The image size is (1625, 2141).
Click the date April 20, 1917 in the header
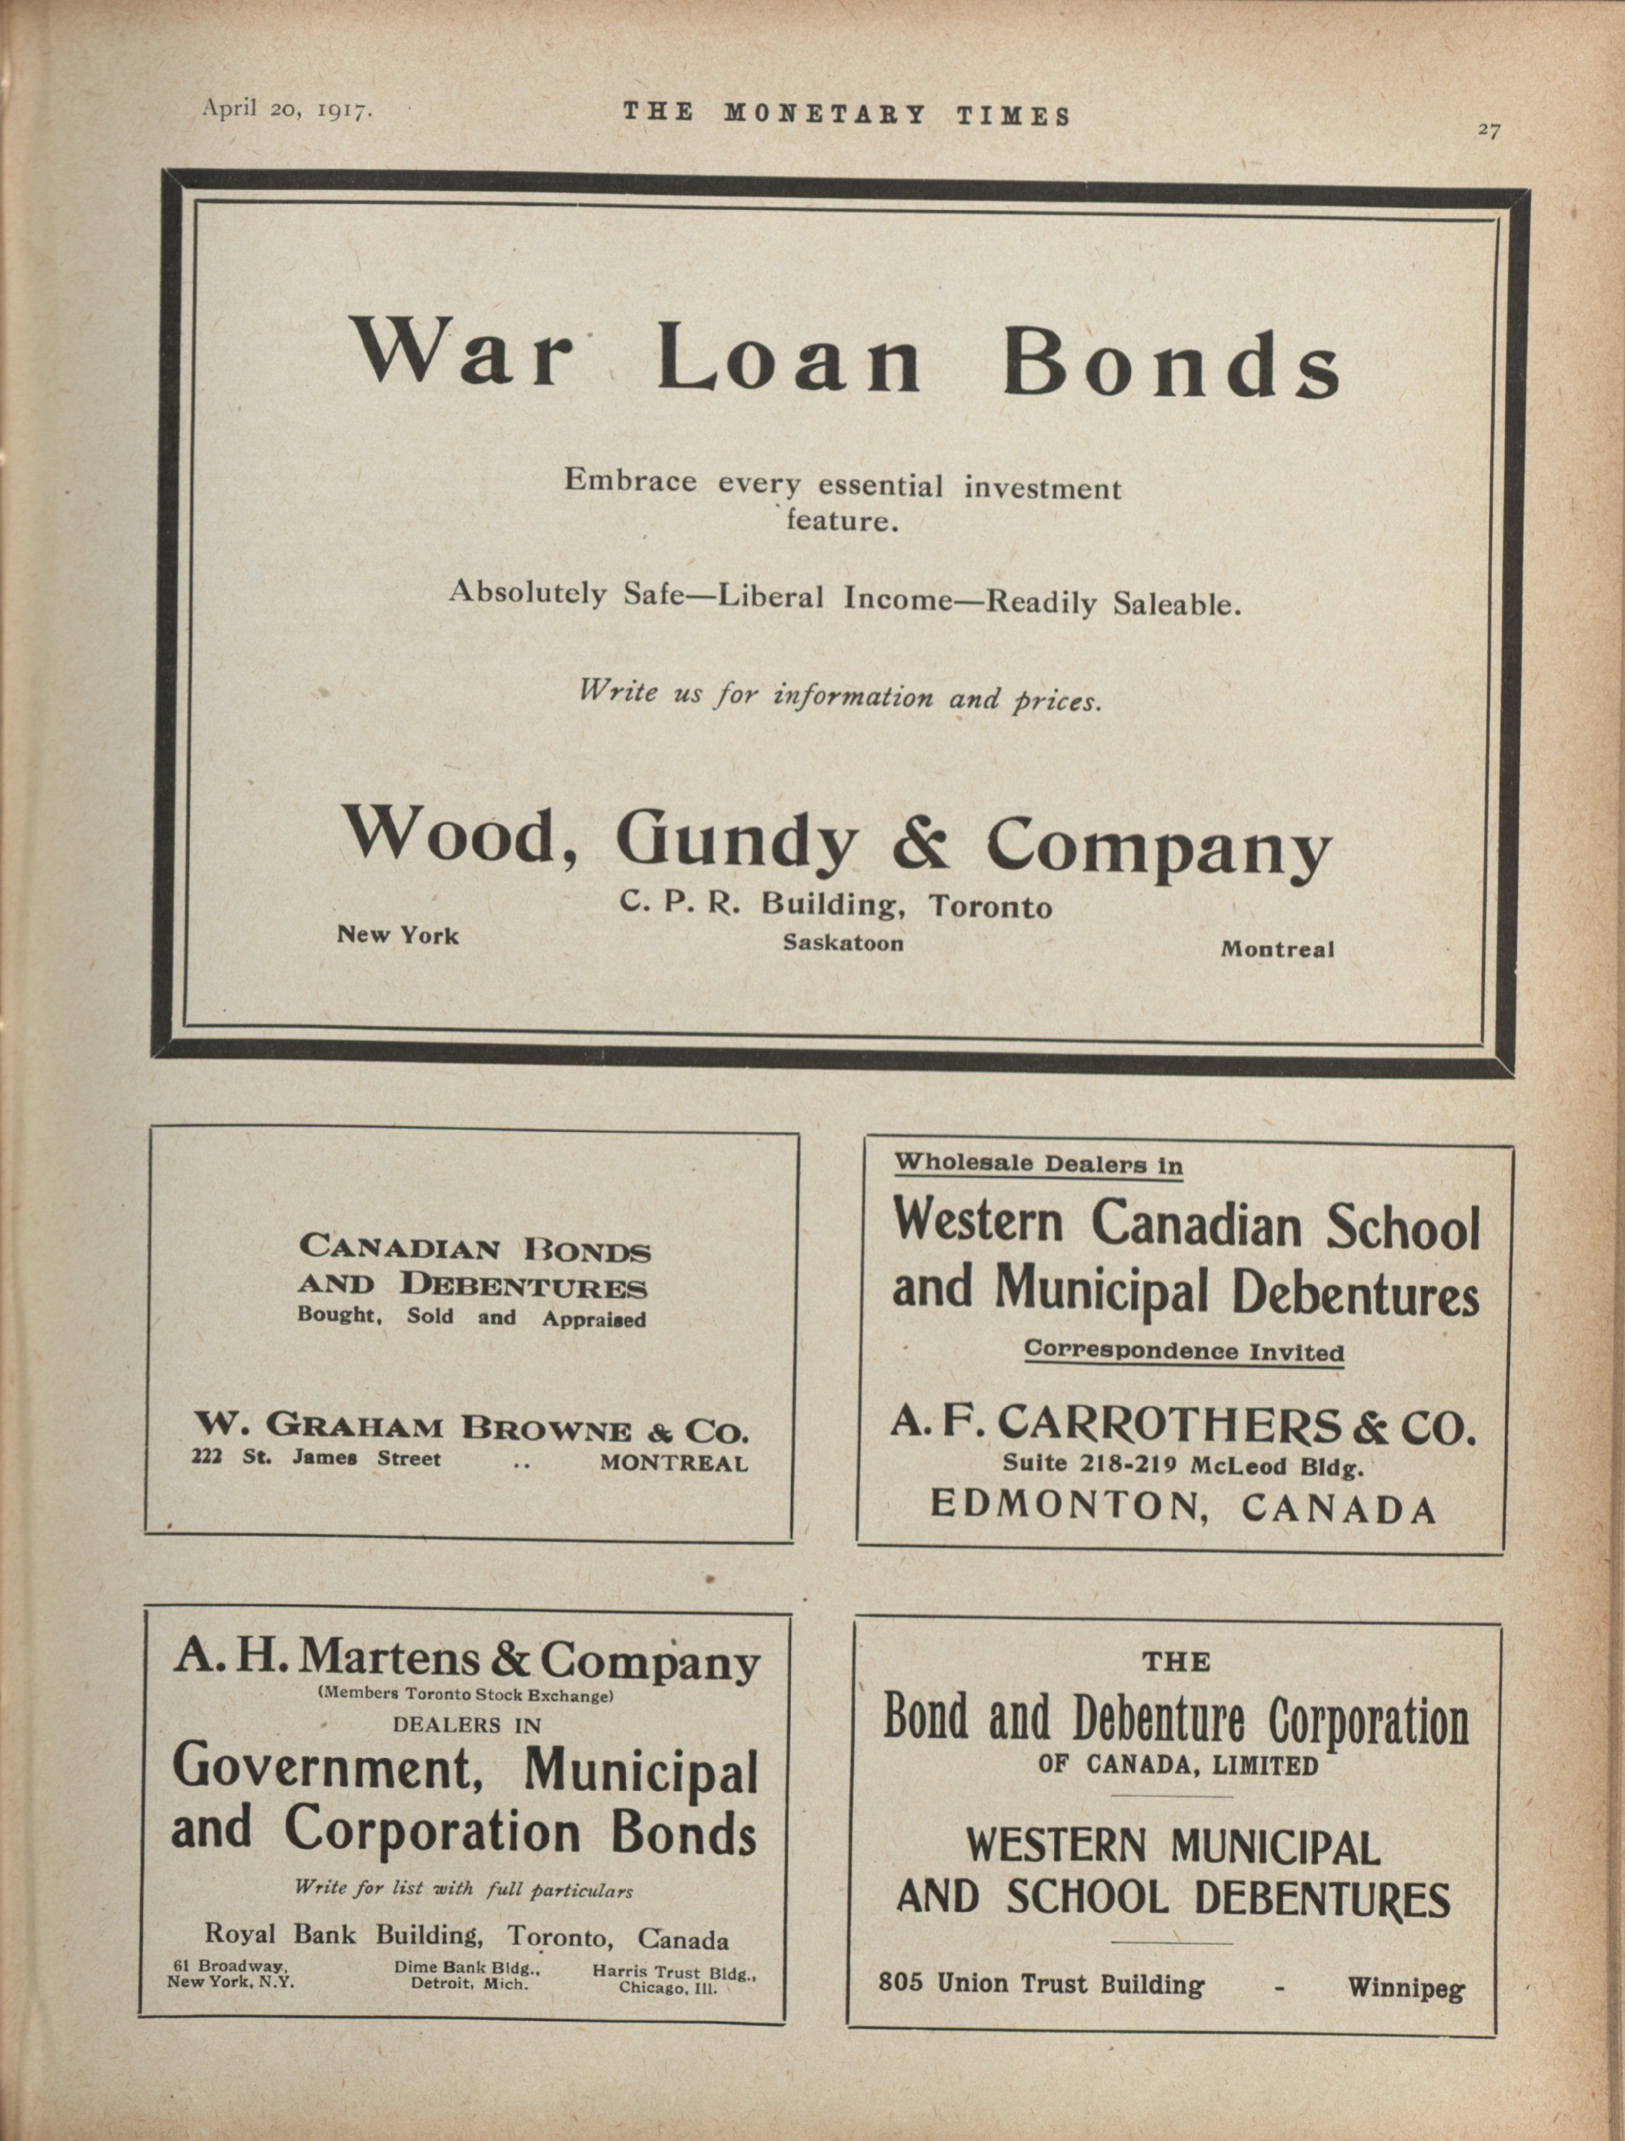tap(286, 109)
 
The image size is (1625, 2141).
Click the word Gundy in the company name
tap(736, 840)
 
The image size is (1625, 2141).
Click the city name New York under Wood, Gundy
tap(398, 935)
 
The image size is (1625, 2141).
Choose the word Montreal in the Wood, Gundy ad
tap(1277, 949)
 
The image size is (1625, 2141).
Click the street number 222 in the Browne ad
tap(207, 1457)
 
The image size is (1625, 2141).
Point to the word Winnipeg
tap(1406, 1988)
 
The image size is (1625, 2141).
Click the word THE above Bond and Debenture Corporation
tap(1176, 1662)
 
